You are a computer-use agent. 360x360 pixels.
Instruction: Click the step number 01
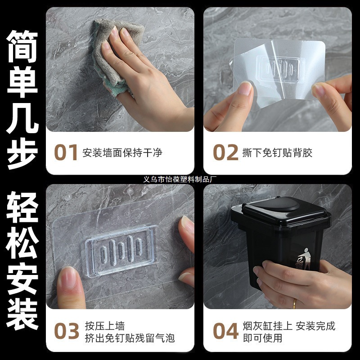(66, 153)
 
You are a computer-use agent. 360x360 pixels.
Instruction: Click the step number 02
(225, 153)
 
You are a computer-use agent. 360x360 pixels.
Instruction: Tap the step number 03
(66, 331)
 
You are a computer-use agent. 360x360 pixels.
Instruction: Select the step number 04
(225, 331)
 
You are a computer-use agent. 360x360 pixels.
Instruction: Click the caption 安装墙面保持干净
(122, 153)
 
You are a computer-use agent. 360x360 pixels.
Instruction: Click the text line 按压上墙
(104, 326)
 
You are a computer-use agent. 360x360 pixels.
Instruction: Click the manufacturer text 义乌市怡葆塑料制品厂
(180, 179)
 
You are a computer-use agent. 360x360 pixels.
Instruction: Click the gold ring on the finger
(294, 302)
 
